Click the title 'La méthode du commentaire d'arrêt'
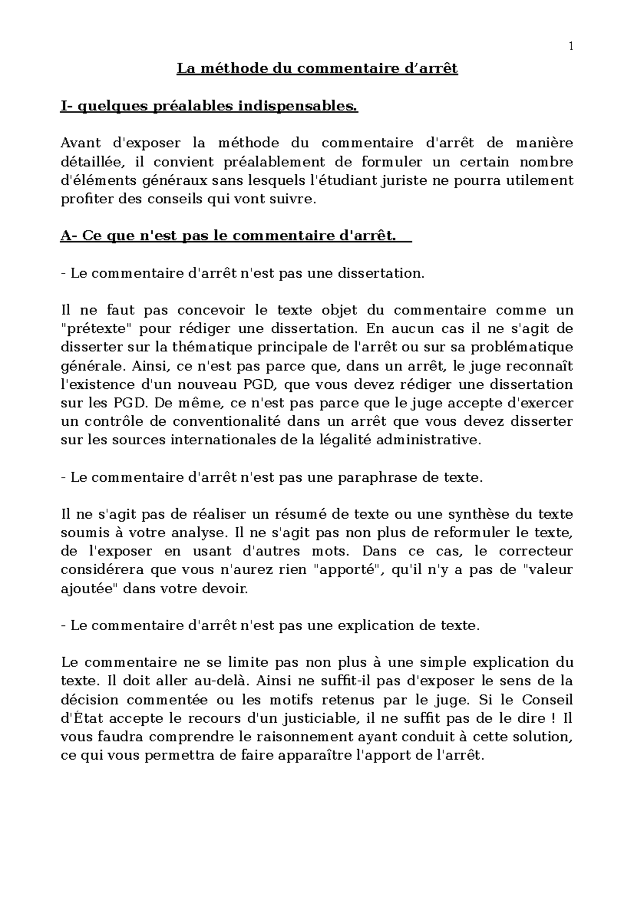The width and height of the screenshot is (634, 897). coord(317,69)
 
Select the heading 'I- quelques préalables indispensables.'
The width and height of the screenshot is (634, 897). coord(209,107)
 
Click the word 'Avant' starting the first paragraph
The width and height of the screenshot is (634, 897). coord(79,143)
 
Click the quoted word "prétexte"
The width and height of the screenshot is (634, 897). coord(97,329)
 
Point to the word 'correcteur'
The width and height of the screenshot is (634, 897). coord(536,552)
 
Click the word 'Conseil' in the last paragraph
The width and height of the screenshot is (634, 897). coord(547,700)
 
